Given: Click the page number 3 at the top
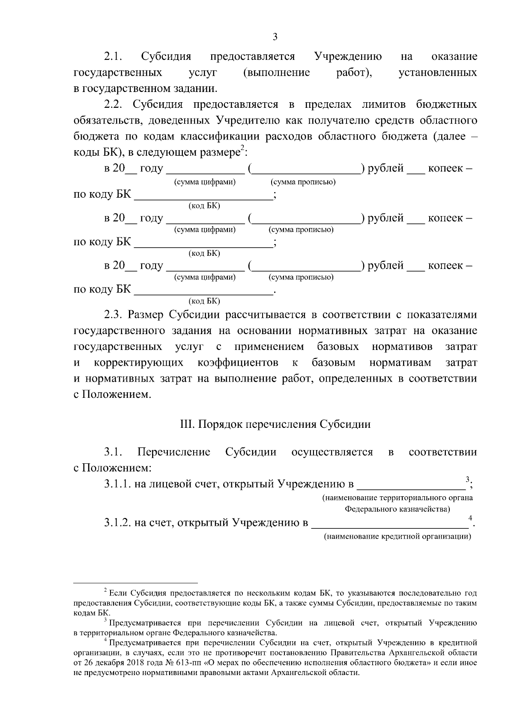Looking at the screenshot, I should tap(275, 37).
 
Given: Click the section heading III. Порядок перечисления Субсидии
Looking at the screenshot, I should tap(275, 424).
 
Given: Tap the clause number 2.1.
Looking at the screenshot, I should tap(114, 56).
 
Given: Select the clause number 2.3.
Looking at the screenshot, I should tap(114, 315).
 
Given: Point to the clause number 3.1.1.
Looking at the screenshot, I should tap(117, 484).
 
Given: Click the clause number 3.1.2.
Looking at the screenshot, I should tap(117, 523).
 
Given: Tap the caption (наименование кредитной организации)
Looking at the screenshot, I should tap(397, 536).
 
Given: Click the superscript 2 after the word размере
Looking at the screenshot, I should tap(242, 148).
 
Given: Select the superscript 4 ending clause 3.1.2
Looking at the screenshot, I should tap(470, 518).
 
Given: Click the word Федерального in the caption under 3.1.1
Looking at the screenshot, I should tap(367, 510).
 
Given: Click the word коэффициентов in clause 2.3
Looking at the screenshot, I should tap(238, 363).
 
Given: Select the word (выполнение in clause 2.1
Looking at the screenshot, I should tap(276, 73).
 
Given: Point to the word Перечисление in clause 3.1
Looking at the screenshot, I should tap(173, 452).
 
